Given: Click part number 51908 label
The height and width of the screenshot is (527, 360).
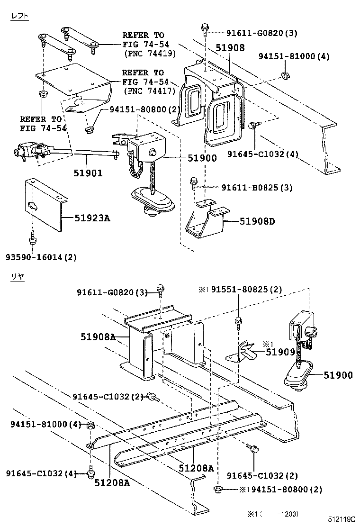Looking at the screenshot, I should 230,48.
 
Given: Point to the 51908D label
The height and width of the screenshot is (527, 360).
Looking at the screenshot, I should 257,221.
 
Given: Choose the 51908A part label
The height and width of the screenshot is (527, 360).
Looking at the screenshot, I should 97,337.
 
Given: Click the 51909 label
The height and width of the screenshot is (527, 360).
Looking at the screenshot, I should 280,352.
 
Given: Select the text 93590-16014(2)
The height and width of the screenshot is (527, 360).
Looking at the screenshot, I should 41,257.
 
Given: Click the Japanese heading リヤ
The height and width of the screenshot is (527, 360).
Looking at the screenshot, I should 18,276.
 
